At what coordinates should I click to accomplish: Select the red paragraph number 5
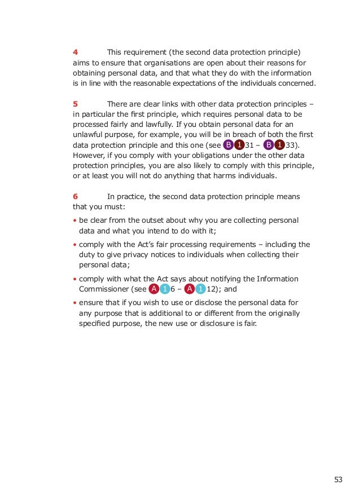(75, 104)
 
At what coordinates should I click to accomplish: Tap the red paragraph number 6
(75, 196)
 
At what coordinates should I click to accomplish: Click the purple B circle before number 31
(228, 145)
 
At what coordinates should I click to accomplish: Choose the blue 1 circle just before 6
(164, 290)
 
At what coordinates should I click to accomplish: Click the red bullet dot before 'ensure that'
(75, 302)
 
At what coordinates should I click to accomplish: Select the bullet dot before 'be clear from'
(75, 220)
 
